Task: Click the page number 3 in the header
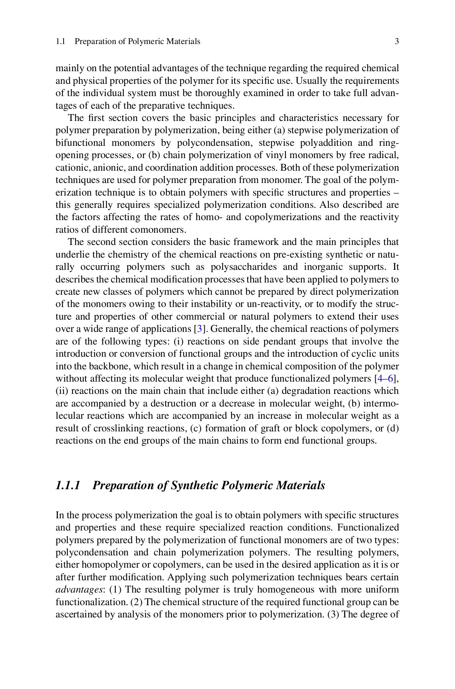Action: click(x=397, y=41)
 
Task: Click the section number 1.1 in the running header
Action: click(x=60, y=41)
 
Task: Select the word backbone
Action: click(x=92, y=366)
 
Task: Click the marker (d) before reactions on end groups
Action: click(x=393, y=428)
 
